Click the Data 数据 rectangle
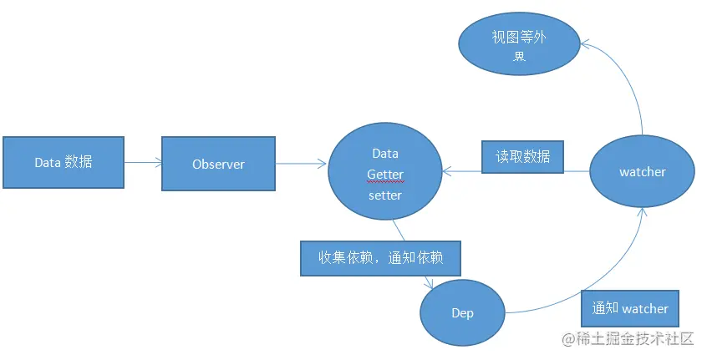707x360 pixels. click(x=64, y=162)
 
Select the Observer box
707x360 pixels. click(x=218, y=164)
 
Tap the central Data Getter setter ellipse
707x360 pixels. click(x=384, y=175)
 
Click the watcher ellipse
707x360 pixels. click(x=642, y=171)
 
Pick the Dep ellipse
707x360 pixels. click(x=462, y=312)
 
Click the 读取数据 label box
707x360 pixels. click(x=523, y=156)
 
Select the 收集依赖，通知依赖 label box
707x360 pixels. click(x=380, y=257)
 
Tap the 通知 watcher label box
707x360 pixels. click(x=630, y=308)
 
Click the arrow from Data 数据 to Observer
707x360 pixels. click(x=142, y=164)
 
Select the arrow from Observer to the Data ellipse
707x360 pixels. click(x=301, y=164)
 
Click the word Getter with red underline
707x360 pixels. click(x=384, y=175)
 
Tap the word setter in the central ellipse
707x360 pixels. click(x=384, y=195)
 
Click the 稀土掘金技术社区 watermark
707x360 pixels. click(x=628, y=338)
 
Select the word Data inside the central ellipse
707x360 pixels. click(x=384, y=154)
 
